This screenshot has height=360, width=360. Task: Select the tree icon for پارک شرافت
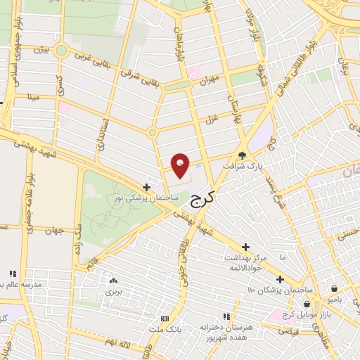(x=242, y=156)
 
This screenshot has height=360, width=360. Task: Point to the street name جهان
(x=55, y=230)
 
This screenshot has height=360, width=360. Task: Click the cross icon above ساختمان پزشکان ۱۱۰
(x=280, y=279)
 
